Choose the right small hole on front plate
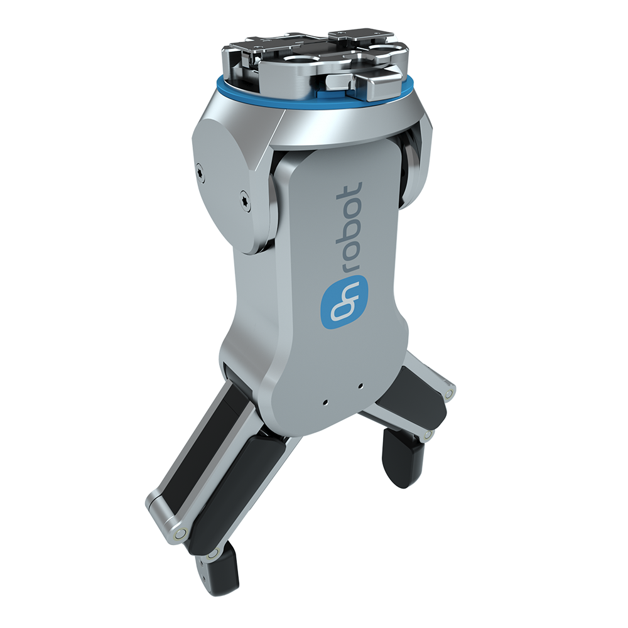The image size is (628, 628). tap(360, 386)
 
